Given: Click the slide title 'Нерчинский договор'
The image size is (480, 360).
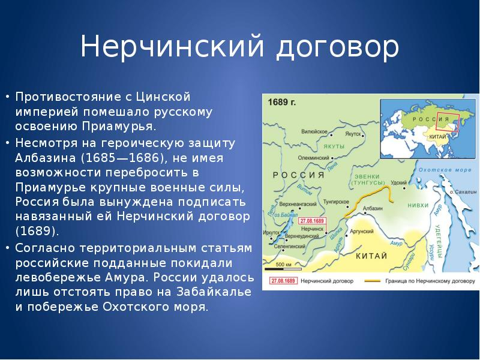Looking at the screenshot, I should click(239, 47).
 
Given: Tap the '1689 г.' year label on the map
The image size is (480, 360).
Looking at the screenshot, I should click(283, 101).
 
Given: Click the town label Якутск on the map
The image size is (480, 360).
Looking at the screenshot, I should click(355, 134).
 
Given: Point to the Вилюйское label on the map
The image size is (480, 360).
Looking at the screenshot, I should click(313, 131).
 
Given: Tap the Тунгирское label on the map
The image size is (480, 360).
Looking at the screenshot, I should click(336, 202).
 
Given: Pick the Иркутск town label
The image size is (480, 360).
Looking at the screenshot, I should click(271, 232).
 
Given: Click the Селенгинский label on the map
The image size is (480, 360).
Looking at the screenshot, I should click(290, 247).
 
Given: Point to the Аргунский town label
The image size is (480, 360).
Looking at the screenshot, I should click(362, 230).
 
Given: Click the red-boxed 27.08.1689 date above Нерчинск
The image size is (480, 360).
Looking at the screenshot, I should click(312, 220).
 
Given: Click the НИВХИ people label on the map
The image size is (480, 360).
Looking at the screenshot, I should click(418, 205).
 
